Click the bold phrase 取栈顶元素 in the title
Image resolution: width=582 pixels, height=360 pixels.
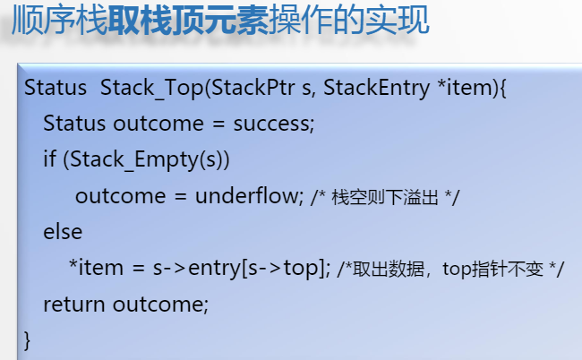[188, 20]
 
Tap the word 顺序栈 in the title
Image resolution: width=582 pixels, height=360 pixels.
[60, 20]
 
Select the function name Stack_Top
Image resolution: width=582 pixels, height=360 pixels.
[152, 89]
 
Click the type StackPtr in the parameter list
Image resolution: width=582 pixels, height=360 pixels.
[253, 88]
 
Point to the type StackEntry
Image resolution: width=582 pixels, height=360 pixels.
[376, 89]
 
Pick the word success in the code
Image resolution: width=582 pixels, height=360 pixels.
[272, 124]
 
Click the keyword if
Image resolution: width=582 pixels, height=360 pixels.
[49, 159]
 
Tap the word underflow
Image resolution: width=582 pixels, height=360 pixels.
[247, 195]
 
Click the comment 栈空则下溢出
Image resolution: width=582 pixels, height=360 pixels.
[384, 197]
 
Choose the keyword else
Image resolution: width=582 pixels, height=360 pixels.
[63, 232]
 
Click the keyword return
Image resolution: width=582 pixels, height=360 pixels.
[73, 304]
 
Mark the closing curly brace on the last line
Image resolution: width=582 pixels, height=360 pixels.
[27, 340]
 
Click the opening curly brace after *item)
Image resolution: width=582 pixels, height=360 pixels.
[503, 89]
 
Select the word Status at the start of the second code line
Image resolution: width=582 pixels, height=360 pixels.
[74, 124]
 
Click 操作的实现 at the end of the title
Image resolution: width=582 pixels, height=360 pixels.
[349, 20]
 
